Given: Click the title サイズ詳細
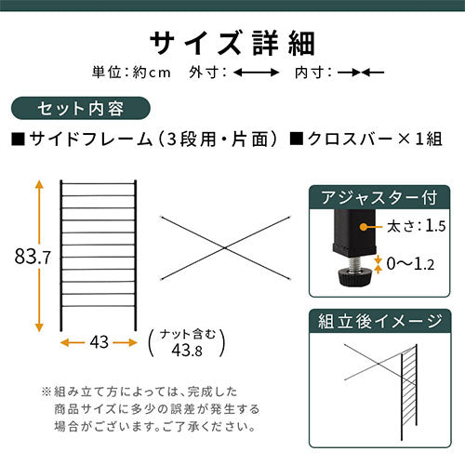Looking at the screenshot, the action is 232,44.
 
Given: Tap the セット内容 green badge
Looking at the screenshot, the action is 81,109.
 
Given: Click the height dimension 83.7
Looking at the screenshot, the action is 33,257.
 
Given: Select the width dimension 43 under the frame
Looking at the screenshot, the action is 100,342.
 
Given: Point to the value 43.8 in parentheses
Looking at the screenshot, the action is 187,351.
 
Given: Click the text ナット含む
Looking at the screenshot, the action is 188,335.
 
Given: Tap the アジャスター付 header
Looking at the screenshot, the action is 379,197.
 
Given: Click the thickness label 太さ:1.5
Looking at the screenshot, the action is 417,226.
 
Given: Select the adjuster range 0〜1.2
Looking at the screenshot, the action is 410,264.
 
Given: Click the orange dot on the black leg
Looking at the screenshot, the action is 364,227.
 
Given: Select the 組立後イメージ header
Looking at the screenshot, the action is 380,321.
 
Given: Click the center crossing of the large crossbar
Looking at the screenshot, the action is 225,247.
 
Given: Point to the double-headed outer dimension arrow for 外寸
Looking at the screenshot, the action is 256,73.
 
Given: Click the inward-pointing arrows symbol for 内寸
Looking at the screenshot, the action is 361,73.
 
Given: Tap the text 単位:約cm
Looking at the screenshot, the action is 131,73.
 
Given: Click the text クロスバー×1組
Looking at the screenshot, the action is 365,139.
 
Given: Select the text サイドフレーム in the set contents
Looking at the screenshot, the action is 91,139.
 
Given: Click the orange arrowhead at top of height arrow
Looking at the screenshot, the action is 39,184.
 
